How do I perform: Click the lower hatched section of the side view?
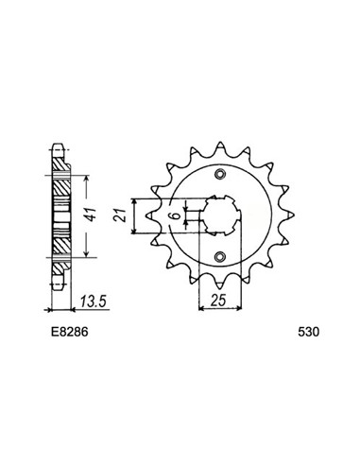coord(60,243)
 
